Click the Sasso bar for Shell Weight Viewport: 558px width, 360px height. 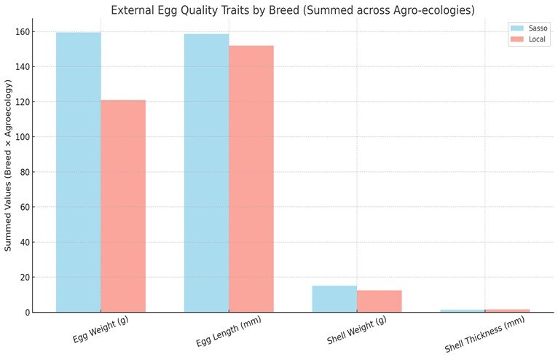pos(334,299)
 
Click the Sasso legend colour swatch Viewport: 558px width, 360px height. pos(517,28)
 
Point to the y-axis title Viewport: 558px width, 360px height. pos(9,166)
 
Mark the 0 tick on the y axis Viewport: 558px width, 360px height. pos(26,312)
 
